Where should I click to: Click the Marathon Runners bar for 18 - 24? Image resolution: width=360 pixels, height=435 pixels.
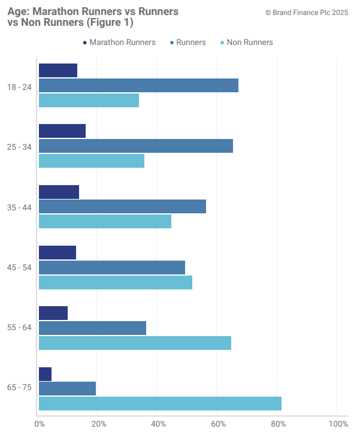[58, 70]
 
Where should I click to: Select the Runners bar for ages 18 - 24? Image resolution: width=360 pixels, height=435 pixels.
[138, 86]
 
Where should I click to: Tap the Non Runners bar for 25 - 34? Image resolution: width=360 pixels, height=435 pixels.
[92, 161]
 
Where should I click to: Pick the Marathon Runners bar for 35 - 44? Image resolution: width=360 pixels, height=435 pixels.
[59, 192]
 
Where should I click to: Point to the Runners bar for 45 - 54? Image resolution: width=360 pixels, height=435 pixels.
[112, 267]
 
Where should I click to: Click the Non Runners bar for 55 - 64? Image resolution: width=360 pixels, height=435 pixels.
[135, 343]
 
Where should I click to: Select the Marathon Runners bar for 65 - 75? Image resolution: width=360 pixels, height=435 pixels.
[45, 374]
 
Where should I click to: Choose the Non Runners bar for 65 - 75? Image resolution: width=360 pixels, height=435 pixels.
[160, 404]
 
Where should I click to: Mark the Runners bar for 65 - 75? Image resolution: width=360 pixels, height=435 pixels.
[67, 389]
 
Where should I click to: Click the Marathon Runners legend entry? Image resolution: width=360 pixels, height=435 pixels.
[119, 43]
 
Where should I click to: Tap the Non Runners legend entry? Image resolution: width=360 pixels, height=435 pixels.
[247, 43]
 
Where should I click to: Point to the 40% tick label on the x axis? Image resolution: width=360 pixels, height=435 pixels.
[158, 424]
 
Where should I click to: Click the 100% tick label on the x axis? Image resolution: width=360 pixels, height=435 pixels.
[338, 424]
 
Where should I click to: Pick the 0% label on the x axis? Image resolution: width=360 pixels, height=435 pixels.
[40, 424]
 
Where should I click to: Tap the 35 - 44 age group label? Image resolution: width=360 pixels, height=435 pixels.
[19, 207]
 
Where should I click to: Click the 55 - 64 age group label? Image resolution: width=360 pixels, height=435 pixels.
[19, 328]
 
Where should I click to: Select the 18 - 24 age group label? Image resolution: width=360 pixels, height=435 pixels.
[19, 87]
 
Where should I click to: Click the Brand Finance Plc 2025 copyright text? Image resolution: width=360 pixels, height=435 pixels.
[307, 12]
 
